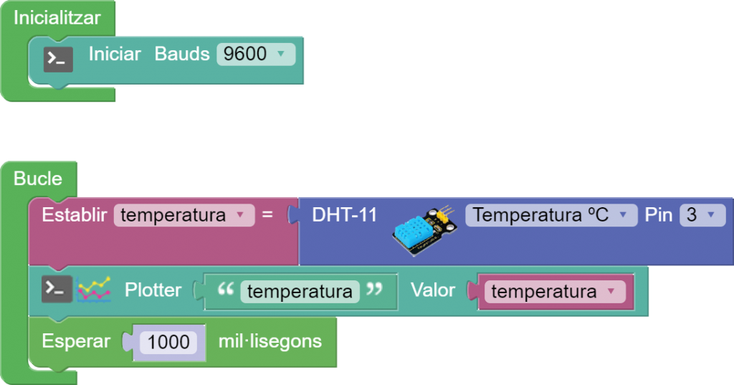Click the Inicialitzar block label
[57, 18]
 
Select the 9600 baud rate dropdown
[255, 54]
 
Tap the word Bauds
[182, 54]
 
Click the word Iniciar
[115, 54]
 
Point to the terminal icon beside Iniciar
[57, 58]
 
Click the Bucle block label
[38, 179]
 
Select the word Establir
[75, 214]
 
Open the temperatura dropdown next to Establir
[183, 215]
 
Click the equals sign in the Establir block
[267, 214]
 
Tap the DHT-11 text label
[344, 214]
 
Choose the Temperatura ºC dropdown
[550, 215]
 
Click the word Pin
[657, 214]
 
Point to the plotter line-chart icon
[94, 289]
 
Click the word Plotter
[153, 290]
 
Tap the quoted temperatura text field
[300, 291]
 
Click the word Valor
[433, 290]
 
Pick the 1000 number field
[168, 341]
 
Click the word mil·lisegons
[270, 341]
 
